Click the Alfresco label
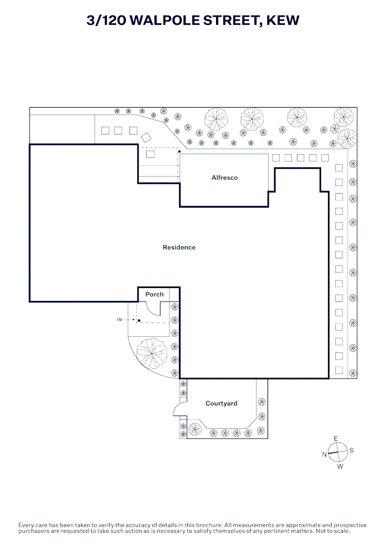224,177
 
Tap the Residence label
179,247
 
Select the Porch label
154,294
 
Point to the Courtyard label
221,403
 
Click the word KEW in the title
282,20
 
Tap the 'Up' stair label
119,320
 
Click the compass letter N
324,454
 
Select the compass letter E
336,439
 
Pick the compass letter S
352,450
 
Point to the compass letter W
340,467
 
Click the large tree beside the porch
152,353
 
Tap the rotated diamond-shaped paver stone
146,137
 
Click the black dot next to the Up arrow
139,321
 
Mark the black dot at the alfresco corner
180,152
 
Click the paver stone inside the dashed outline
150,154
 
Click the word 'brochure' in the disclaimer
208,525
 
